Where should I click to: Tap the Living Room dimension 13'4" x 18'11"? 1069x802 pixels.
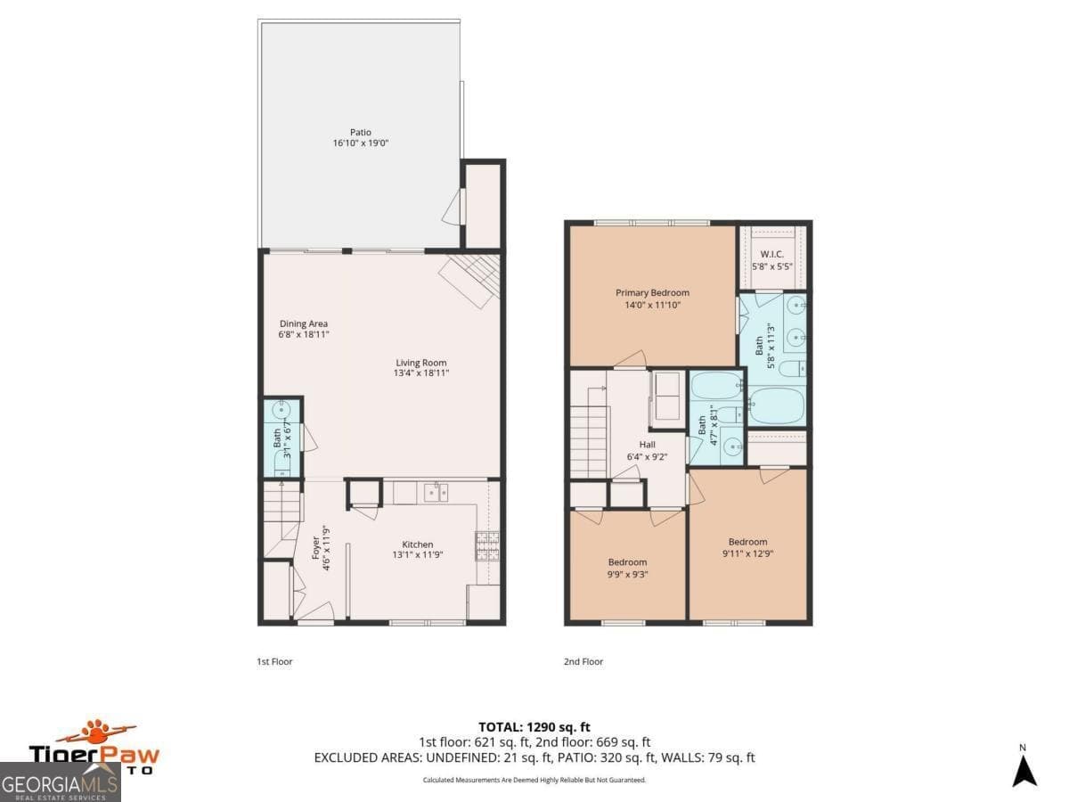click(420, 373)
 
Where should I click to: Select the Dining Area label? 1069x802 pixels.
click(304, 323)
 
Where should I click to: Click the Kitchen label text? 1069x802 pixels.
click(417, 544)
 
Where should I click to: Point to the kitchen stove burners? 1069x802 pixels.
click(486, 545)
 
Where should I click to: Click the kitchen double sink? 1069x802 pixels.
click(437, 491)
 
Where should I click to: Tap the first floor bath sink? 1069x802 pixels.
click(282, 413)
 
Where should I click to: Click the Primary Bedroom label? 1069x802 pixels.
click(652, 292)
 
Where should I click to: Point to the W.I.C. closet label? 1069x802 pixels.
click(771, 253)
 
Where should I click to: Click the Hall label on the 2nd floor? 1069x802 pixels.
click(647, 444)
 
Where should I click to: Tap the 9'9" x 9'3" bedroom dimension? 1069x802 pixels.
click(627, 574)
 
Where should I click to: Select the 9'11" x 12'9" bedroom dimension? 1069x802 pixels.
click(747, 553)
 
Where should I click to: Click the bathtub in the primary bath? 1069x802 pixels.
click(777, 405)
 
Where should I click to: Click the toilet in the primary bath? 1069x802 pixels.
click(791, 367)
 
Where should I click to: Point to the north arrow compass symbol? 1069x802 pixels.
click(1024, 770)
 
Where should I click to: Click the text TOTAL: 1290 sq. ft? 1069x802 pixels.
click(534, 727)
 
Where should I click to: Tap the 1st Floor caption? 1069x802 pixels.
click(274, 661)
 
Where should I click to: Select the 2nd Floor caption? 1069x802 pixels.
click(583, 661)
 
